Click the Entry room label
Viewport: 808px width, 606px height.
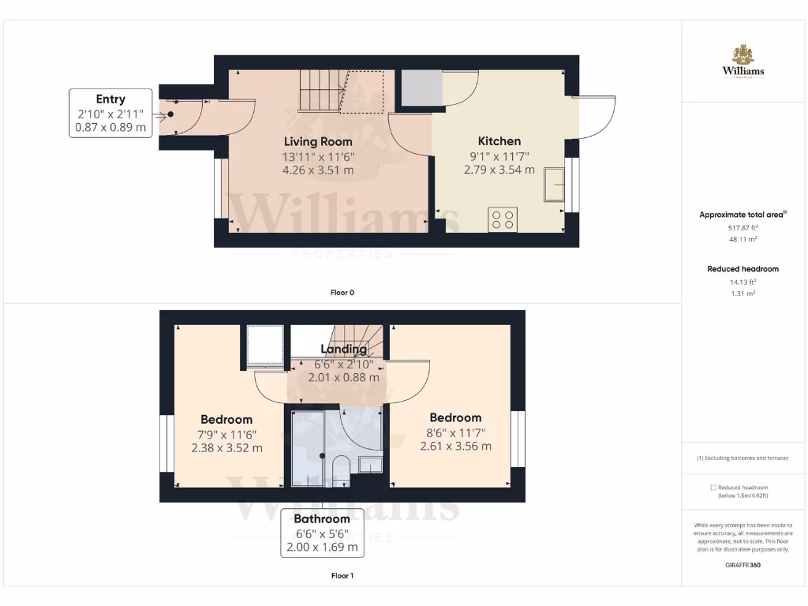(110, 99)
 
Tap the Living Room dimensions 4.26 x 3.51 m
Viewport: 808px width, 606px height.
(318, 169)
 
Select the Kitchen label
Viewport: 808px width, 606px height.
(499, 141)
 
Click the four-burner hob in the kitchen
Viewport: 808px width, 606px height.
(503, 219)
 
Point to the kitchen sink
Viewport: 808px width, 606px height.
(552, 186)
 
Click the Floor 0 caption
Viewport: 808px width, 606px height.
(342, 293)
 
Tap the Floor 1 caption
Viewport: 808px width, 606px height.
(342, 576)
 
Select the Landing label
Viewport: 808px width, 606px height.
(343, 349)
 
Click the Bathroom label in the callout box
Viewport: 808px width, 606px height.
(322, 519)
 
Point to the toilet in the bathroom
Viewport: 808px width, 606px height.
(341, 469)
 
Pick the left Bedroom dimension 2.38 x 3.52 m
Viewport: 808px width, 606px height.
(226, 447)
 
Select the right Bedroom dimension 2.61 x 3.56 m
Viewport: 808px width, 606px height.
(455, 446)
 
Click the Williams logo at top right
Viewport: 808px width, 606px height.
(743, 62)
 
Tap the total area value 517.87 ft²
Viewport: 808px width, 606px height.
(743, 228)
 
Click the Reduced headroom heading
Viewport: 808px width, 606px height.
(743, 269)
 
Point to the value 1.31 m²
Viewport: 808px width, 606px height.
(743, 294)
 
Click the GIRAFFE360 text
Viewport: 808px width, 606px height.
(743, 565)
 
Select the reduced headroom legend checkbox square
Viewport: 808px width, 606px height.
(713, 488)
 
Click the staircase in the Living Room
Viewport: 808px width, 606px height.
(320, 90)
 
